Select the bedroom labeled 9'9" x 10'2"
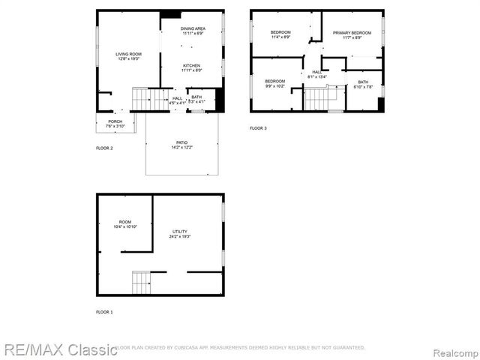click(274, 82)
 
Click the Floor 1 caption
click(104, 311)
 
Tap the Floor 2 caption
click(104, 148)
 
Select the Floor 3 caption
click(258, 128)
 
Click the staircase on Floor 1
click(141, 283)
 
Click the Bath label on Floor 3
click(363, 84)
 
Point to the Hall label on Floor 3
click(316, 73)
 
